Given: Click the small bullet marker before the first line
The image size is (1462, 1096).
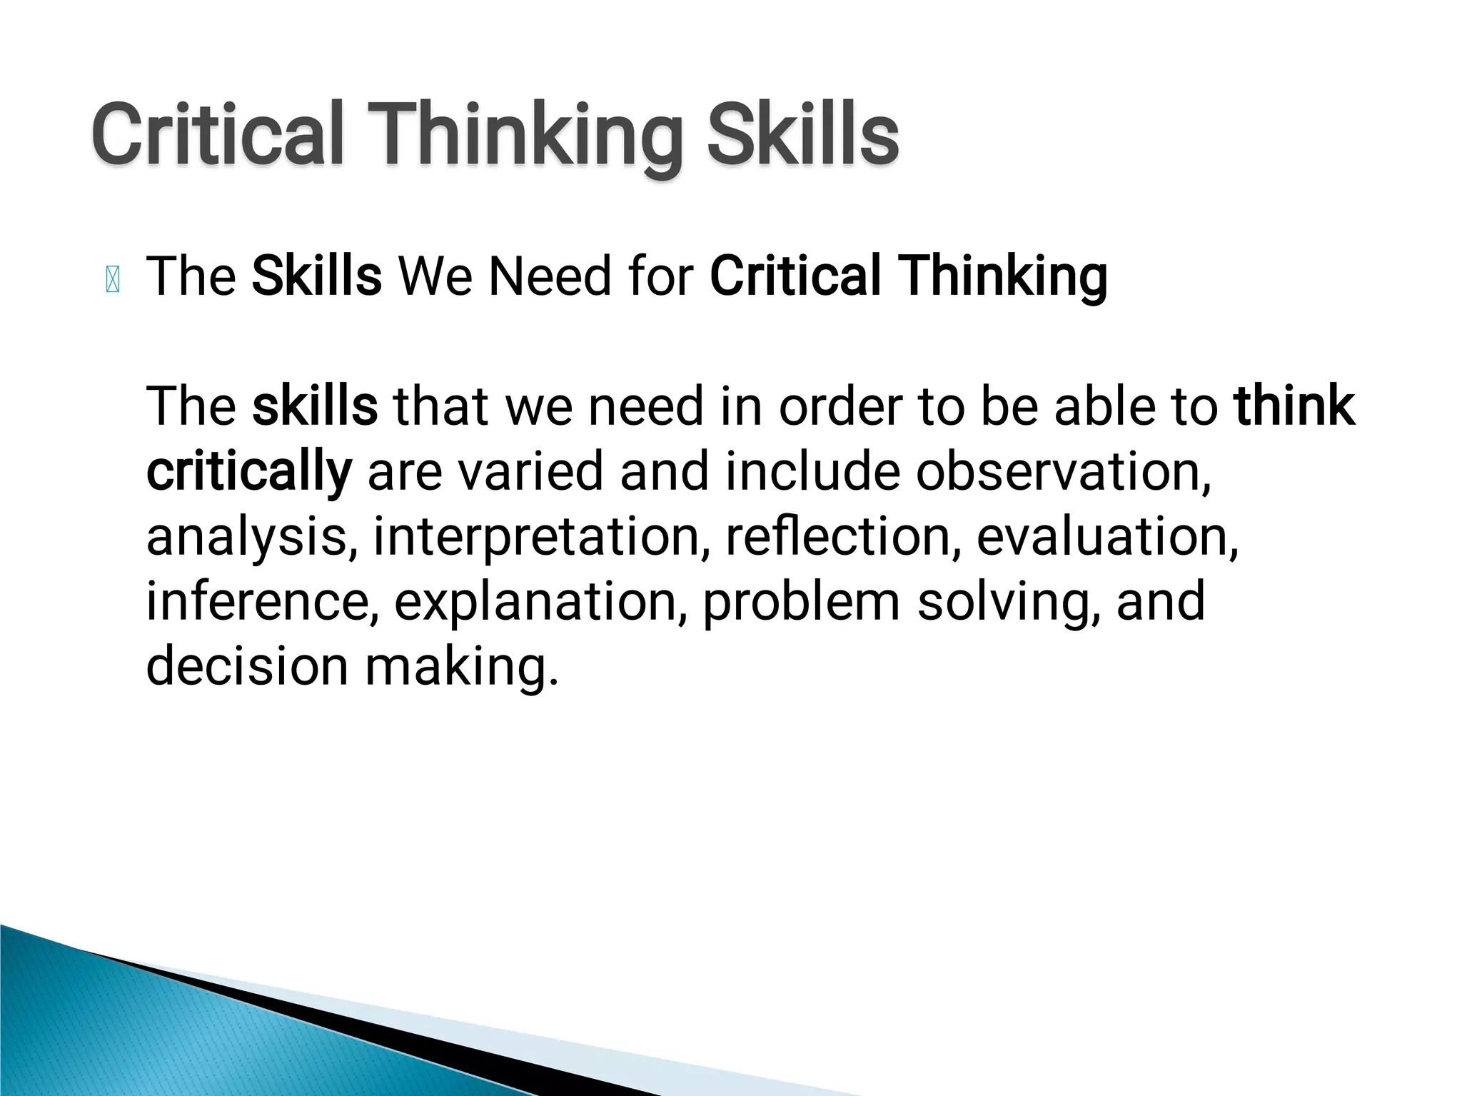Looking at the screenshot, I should (113, 279).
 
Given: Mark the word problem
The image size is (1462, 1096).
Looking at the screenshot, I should (801, 602).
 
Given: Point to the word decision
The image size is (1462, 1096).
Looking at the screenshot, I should (247, 665).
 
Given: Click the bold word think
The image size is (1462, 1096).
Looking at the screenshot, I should (1294, 406).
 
